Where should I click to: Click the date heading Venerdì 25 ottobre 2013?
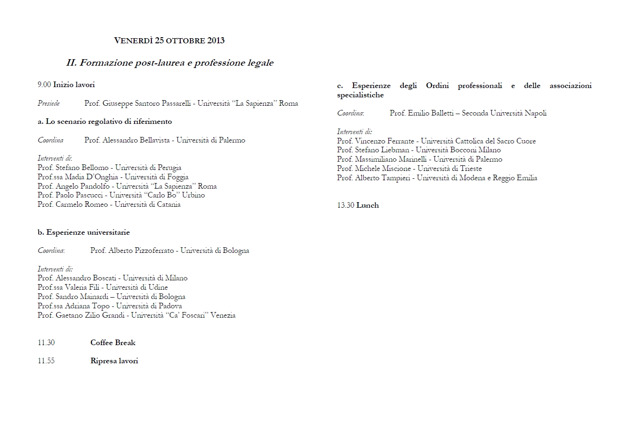pos(169,41)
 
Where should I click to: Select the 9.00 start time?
pos(44,85)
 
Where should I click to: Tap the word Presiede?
pos(48,103)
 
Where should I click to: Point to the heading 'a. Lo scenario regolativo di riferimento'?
pos(105,122)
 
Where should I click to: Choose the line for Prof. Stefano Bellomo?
pos(109,168)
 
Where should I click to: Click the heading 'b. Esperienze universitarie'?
pos(84,232)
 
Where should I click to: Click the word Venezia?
pos(223,315)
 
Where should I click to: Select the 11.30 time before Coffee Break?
pos(46,343)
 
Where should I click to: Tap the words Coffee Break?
pos(113,343)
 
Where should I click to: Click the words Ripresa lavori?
pos(114,361)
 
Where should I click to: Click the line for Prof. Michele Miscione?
pos(409,169)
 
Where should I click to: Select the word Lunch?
pos(367,205)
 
